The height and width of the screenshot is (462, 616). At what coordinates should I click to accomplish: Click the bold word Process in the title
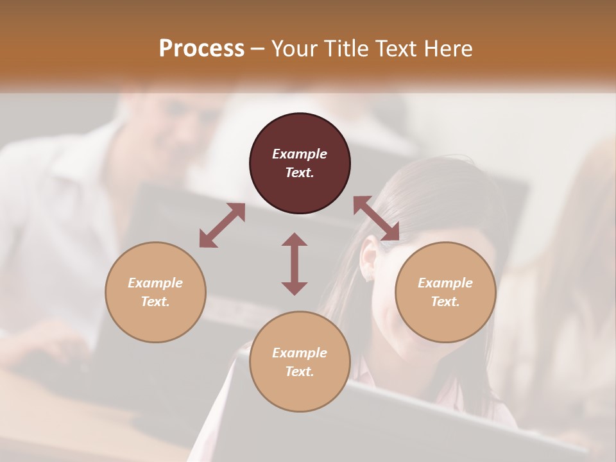coord(201,49)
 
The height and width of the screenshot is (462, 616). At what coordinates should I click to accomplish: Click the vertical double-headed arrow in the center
coord(295,264)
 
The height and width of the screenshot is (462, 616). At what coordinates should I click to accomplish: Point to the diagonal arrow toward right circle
coord(377,219)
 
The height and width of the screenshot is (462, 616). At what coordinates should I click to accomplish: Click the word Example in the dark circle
coord(300,154)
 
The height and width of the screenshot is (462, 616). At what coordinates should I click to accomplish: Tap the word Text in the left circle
coord(155,302)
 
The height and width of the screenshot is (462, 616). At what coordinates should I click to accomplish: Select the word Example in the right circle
coord(445,283)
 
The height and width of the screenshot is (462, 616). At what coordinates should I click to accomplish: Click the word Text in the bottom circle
coord(300,372)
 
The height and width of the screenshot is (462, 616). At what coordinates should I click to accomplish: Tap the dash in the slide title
coord(257,49)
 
